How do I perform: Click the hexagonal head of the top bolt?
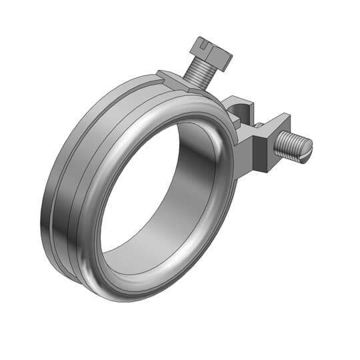(210, 53)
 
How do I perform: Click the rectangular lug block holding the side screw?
(262, 140)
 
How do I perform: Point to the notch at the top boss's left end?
(161, 75)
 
